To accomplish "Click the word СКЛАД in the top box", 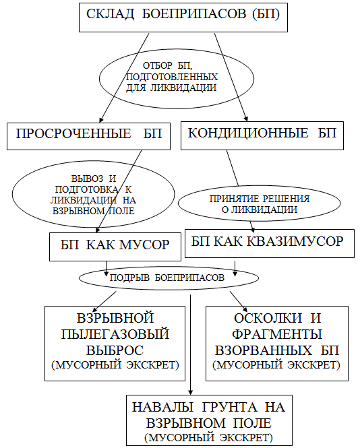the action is click(110, 14).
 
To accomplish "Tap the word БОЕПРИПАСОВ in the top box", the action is click(194, 14).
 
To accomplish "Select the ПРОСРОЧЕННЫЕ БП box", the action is click(88, 136).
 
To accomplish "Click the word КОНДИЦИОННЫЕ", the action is click(248, 133).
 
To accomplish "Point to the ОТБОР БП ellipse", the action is click(177, 78).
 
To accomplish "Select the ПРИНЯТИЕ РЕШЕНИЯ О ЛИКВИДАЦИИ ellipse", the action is click(259, 203).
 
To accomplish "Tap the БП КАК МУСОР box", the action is click(115, 247).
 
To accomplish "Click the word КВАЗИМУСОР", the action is click(295, 241).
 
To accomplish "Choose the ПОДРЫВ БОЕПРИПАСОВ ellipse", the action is click(169, 278).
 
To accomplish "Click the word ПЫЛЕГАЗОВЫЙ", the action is click(115, 334).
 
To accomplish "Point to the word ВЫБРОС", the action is click(115, 350).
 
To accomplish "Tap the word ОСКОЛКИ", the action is click(268, 318).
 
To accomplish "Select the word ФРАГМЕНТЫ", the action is click(277, 334).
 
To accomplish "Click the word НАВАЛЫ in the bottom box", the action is click(162, 407).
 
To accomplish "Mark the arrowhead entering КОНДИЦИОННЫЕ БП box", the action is click(246, 119).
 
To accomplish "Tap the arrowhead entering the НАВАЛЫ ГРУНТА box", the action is click(190, 392).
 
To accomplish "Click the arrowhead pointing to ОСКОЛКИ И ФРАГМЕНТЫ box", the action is click(245, 309).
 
